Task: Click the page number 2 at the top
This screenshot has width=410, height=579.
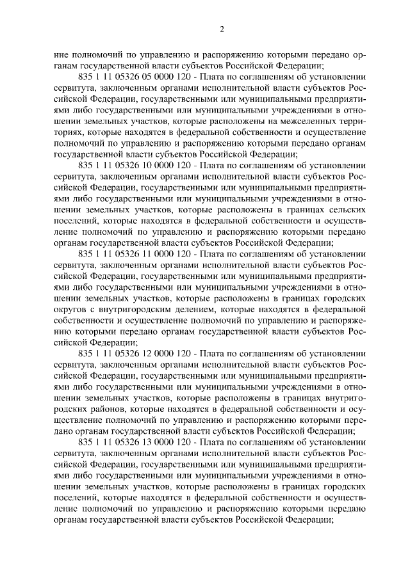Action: pos(221,29)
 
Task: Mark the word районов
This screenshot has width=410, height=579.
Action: pos(105,408)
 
